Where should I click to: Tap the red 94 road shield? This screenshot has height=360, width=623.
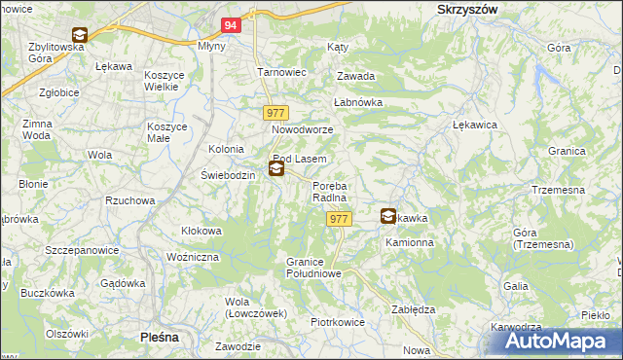pyautogui.click(x=230, y=26)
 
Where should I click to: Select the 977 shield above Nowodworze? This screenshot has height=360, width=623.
pyautogui.click(x=275, y=113)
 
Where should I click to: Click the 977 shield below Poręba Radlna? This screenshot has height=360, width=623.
pyautogui.click(x=339, y=220)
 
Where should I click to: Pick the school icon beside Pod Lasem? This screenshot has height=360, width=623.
pyautogui.click(x=276, y=169)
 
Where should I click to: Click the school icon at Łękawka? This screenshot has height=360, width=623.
pyautogui.click(x=388, y=217)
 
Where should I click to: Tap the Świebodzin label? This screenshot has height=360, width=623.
pyautogui.click(x=227, y=175)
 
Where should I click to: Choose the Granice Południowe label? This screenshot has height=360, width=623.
pyautogui.click(x=312, y=268)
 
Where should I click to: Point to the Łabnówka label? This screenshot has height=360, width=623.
pyautogui.click(x=357, y=102)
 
